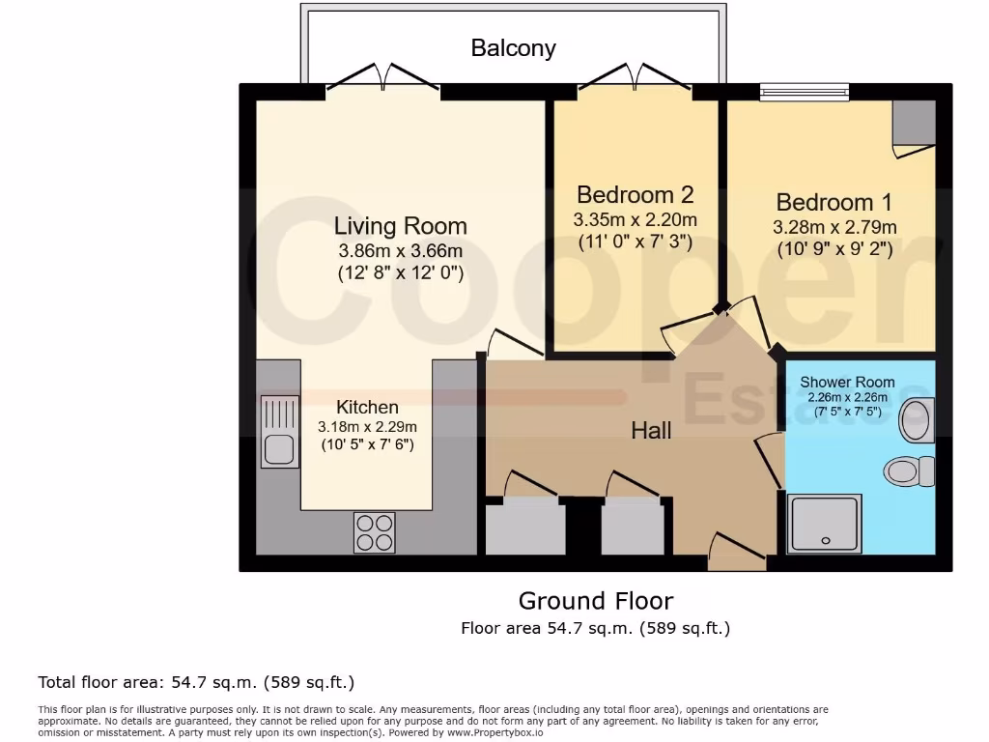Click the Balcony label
click(x=513, y=47)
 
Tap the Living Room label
click(x=400, y=226)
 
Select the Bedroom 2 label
click(x=635, y=194)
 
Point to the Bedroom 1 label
click(x=834, y=202)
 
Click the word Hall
click(x=651, y=430)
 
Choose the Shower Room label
click(x=847, y=382)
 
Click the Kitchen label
click(x=367, y=407)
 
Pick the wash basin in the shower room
click(x=916, y=418)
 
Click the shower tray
click(x=823, y=524)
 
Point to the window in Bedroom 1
click(x=804, y=92)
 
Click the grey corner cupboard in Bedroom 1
click(x=914, y=124)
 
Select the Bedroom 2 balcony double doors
click(x=636, y=79)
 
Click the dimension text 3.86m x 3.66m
click(x=400, y=251)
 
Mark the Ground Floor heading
click(x=596, y=601)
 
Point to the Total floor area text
click(x=196, y=683)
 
